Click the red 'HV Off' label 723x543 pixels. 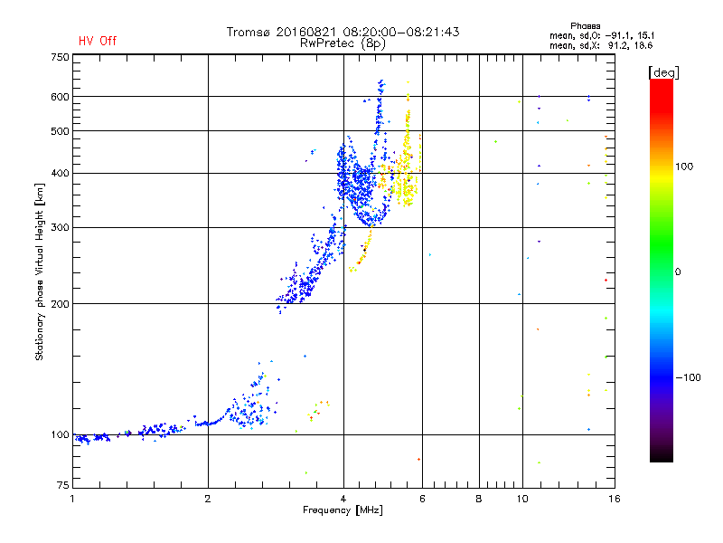(98, 41)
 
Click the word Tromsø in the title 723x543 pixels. (250, 32)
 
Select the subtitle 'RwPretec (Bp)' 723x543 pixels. (343, 43)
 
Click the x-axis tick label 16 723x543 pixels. (613, 499)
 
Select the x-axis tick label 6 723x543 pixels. (422, 499)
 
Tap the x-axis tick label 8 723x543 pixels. (479, 499)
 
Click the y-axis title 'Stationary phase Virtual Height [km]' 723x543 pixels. (40, 272)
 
